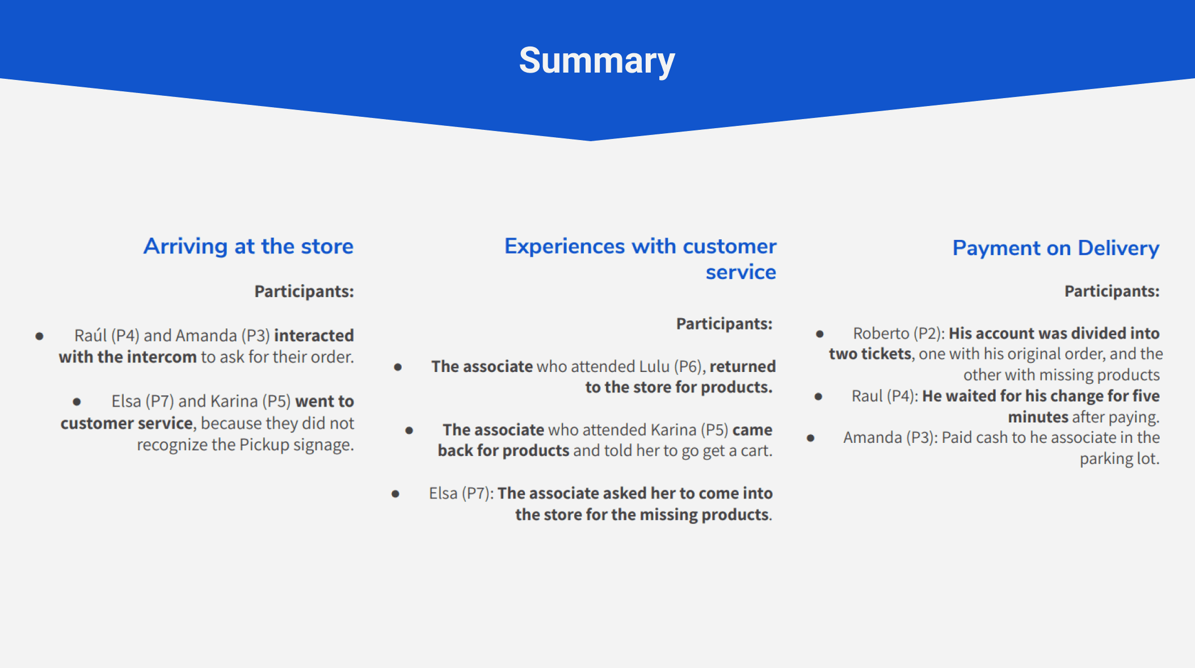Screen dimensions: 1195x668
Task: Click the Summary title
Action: (x=597, y=61)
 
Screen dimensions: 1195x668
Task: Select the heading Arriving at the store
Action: (x=249, y=247)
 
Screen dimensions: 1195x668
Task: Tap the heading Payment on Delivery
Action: (x=1056, y=248)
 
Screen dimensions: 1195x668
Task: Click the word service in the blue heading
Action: (x=740, y=272)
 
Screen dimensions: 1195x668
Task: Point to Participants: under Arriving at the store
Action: (x=304, y=291)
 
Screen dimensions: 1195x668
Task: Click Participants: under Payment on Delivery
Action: (x=1112, y=291)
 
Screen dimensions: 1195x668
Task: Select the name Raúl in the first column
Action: (x=90, y=336)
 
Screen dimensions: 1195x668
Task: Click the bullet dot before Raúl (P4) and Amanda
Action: (x=39, y=336)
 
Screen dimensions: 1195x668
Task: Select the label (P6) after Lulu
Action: (x=689, y=367)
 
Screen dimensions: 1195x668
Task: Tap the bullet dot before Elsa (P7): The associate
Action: (x=395, y=494)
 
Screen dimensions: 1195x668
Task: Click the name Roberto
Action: (x=881, y=333)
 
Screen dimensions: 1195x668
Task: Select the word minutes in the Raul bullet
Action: (x=1038, y=417)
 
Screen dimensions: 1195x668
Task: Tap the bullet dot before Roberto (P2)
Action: (x=820, y=334)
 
